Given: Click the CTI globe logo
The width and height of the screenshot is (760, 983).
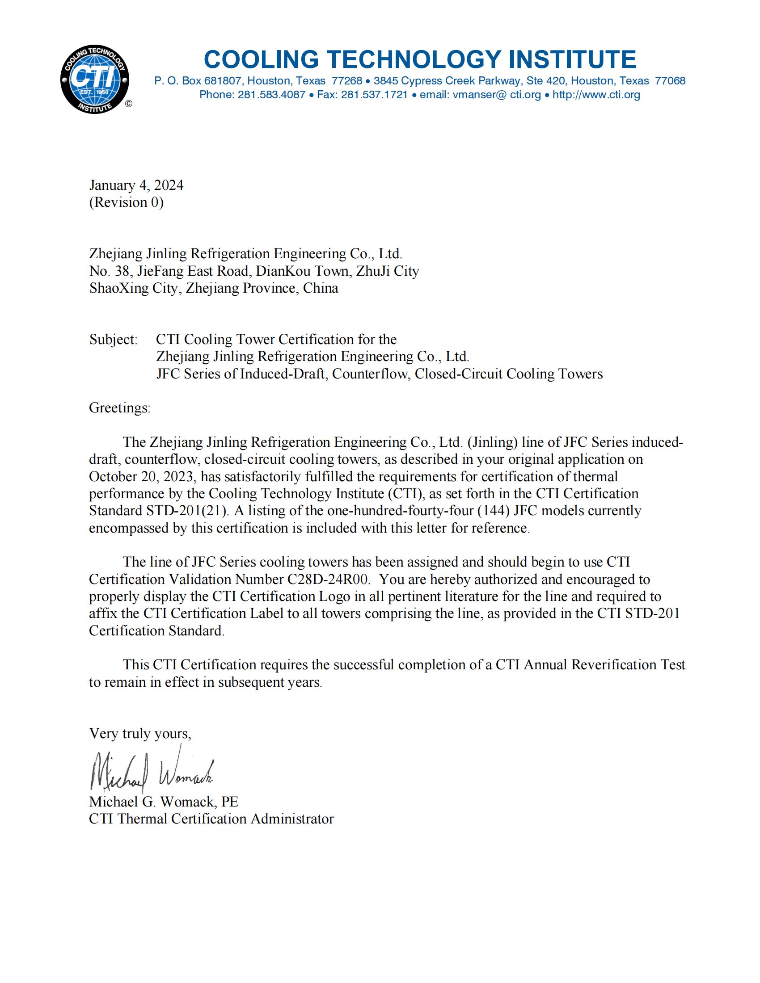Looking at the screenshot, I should [94, 80].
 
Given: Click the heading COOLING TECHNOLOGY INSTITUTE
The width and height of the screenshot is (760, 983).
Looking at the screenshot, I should [420, 59].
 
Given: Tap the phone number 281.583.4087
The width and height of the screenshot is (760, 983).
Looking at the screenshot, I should [271, 95].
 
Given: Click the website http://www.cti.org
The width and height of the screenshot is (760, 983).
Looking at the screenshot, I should [596, 95].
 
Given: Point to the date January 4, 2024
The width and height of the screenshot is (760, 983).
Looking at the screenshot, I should [136, 185].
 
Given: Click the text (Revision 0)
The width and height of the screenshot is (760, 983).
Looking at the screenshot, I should [126, 202].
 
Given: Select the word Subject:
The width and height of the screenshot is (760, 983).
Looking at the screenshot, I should [114, 340].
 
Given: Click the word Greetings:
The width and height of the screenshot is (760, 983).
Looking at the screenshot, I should [119, 408].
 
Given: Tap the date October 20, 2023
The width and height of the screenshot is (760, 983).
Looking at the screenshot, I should [141, 477].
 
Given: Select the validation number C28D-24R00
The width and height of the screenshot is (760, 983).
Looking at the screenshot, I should [328, 579].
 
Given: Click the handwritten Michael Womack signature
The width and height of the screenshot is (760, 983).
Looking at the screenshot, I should [151, 773].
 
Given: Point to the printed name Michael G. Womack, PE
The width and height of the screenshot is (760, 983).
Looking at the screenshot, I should [164, 802].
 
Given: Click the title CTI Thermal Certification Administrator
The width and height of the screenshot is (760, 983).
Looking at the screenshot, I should [211, 819].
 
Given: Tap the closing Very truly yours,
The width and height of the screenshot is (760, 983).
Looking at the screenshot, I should [140, 734].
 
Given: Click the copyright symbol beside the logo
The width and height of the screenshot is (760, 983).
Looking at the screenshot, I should [129, 104].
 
